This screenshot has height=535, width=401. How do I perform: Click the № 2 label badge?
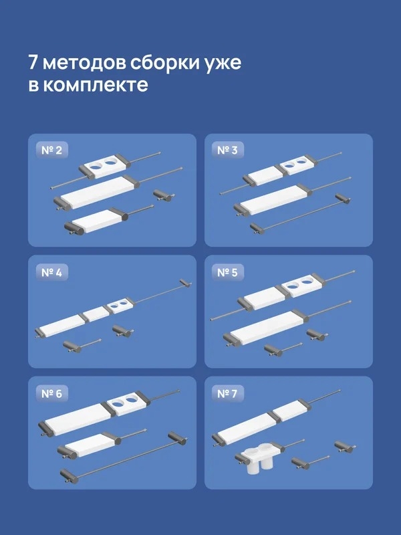click(52, 150)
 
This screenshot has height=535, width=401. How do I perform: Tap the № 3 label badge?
click(227, 150)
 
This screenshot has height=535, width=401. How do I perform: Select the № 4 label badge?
click(52, 272)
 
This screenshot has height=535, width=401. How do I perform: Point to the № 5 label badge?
click(227, 272)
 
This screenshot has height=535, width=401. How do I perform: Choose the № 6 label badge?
click(52, 393)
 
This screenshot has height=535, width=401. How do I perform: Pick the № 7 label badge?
click(227, 393)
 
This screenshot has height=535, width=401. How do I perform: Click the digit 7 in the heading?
click(33, 62)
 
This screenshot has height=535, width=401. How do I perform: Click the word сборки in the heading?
click(164, 63)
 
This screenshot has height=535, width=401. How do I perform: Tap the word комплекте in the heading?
click(96, 86)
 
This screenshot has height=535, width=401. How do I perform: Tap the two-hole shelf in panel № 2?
click(104, 165)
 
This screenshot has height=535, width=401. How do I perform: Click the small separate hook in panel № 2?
click(164, 195)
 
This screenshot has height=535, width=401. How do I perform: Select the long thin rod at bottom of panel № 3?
click(299, 213)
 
